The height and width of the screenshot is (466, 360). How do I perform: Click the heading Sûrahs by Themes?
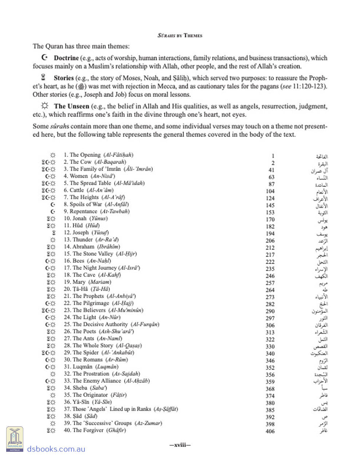(x=180, y=36)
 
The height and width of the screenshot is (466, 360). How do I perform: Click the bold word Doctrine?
(x=66, y=58)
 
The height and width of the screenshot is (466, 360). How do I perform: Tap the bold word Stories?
(x=64, y=78)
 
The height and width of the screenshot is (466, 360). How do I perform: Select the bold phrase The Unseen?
(x=71, y=106)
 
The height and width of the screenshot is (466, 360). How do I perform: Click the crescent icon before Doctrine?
(x=44, y=58)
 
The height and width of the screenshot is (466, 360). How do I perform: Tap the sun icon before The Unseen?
(x=44, y=106)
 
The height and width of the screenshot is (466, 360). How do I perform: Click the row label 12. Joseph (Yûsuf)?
(x=86, y=233)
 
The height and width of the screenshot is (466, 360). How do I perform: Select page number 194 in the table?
(x=270, y=234)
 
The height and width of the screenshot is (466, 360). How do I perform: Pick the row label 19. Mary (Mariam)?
(x=87, y=282)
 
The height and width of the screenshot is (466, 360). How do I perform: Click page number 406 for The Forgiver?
(x=270, y=431)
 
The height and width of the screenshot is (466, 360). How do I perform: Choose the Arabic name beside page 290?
(x=320, y=312)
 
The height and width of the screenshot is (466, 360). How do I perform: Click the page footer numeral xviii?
(x=180, y=445)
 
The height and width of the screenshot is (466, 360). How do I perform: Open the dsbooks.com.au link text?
(x=56, y=449)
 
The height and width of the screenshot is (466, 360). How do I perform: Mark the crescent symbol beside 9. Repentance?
(x=53, y=212)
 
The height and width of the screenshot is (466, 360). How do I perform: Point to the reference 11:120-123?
(x=310, y=86)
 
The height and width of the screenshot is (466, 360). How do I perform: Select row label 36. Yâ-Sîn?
(x=88, y=402)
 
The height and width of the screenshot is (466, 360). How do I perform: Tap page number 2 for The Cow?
(x=273, y=163)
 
